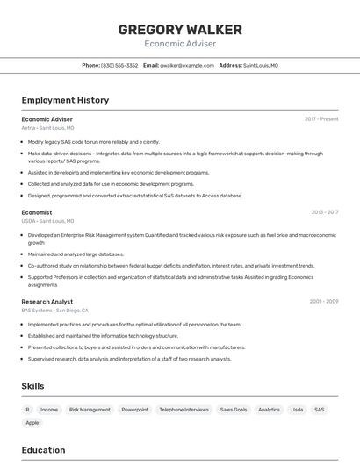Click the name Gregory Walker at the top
coord(179,30)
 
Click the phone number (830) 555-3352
coord(119,65)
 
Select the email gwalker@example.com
coord(187,65)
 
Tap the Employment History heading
coord(65,100)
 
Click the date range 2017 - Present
coord(321,118)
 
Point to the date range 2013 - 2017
coord(324,212)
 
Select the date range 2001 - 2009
coord(323,301)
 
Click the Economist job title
coord(37,212)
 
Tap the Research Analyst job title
coord(47,301)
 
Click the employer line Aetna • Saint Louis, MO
coord(48,128)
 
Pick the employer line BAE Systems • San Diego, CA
coord(54,311)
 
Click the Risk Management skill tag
coord(90,410)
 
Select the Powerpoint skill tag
coord(134,410)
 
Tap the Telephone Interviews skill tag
coord(184,410)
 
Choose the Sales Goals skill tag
coord(234,410)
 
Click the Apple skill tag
coord(32,423)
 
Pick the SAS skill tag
coord(320,410)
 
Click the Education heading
coord(43,450)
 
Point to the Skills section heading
coord(33,386)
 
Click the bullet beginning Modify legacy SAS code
coord(93,141)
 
